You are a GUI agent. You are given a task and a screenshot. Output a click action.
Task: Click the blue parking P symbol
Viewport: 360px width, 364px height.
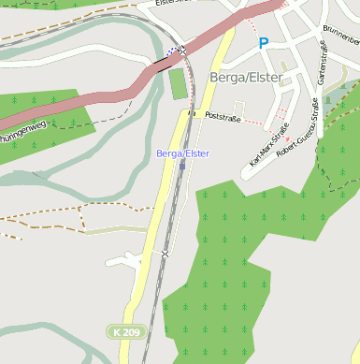coord(264,42)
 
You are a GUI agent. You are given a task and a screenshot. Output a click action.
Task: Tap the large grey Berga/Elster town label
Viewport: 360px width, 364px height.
coord(246,78)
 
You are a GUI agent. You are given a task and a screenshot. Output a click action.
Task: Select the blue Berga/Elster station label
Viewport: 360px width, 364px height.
coord(183,153)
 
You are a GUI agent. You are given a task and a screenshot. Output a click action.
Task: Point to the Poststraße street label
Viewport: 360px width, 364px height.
coord(223,116)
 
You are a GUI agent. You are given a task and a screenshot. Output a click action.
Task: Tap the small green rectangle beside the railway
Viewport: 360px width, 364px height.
coord(179,83)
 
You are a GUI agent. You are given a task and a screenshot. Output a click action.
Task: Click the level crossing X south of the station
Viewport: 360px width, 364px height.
coord(166,253)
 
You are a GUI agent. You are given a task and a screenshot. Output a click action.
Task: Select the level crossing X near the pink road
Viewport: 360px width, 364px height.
coord(183,49)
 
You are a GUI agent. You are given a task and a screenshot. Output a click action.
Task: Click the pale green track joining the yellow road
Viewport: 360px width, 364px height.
coord(112,228)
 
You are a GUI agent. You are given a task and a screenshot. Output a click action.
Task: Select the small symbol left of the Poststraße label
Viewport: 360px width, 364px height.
coord(194,113)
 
